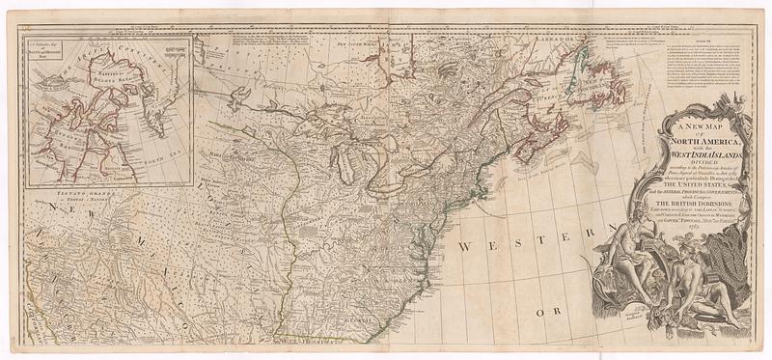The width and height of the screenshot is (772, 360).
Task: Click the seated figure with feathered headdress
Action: tap(644, 241)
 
